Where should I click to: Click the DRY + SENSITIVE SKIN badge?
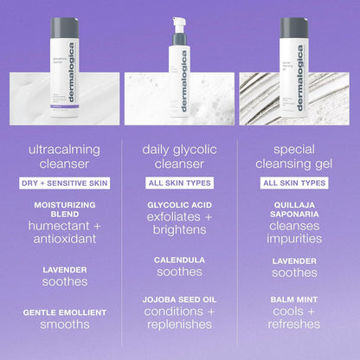click(65, 183)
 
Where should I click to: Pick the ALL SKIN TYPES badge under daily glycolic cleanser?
click(178, 183)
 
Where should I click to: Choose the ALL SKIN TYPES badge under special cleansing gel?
click(294, 183)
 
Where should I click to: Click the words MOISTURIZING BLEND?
click(65, 210)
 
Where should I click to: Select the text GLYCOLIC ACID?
click(178, 204)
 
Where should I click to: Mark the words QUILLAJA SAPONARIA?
click(294, 210)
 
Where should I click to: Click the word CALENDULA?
click(178, 259)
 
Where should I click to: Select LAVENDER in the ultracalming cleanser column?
click(65, 269)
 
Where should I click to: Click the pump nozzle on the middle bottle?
click(180, 22)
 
